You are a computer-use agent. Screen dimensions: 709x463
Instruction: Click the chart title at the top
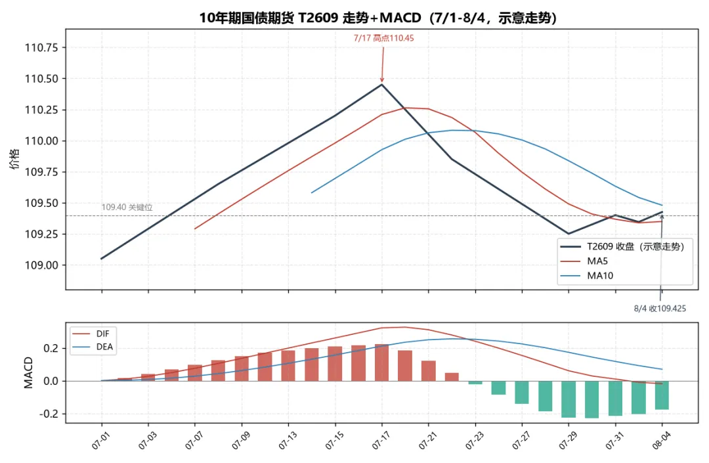(x=377, y=17)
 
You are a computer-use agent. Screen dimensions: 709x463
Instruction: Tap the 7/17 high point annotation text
(x=383, y=39)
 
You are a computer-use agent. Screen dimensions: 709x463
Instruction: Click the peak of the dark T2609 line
(x=382, y=84)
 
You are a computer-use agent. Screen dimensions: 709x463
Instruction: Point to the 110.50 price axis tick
(x=41, y=79)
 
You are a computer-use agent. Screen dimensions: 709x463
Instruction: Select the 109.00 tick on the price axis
(x=41, y=265)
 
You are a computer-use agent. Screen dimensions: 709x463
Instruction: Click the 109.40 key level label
(x=127, y=208)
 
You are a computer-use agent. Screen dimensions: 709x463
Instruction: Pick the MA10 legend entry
(x=586, y=276)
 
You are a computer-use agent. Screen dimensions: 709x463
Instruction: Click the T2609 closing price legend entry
(x=622, y=246)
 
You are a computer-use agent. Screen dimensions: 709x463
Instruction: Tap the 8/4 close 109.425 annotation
(x=660, y=309)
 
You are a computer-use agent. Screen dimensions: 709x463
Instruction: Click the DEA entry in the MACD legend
(x=93, y=347)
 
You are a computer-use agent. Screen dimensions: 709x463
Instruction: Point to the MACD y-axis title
(x=28, y=372)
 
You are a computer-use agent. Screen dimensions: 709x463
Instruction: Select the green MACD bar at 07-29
(x=569, y=399)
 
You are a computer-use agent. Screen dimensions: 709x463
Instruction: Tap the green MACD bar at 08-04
(x=662, y=395)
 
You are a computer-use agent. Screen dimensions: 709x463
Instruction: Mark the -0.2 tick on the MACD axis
(x=49, y=414)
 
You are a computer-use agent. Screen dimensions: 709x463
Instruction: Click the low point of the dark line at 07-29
(x=569, y=234)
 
